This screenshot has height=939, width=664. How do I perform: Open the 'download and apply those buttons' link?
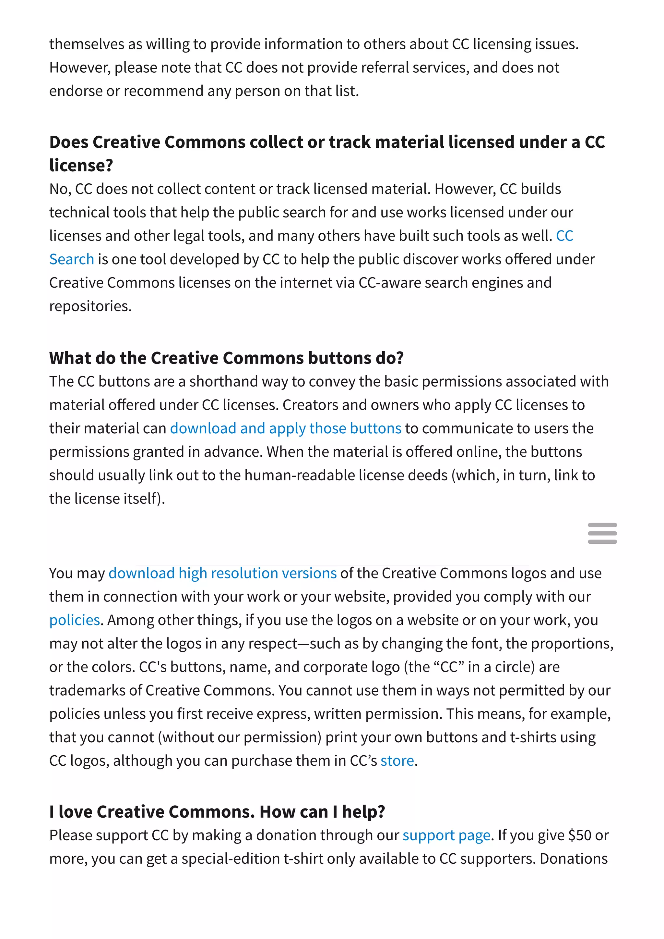285,428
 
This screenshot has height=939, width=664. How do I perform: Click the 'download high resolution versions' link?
222,573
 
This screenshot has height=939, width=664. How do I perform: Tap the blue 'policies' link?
75,620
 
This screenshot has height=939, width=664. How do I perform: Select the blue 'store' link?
397,760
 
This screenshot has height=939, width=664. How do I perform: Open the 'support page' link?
446,835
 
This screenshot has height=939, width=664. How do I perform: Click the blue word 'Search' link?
72,259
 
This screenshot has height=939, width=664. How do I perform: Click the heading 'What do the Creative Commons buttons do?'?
226,358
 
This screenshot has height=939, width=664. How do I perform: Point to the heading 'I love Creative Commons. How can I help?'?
217,812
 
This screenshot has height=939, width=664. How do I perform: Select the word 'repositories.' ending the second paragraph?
90,306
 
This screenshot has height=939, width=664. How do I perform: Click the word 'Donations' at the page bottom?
573,859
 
